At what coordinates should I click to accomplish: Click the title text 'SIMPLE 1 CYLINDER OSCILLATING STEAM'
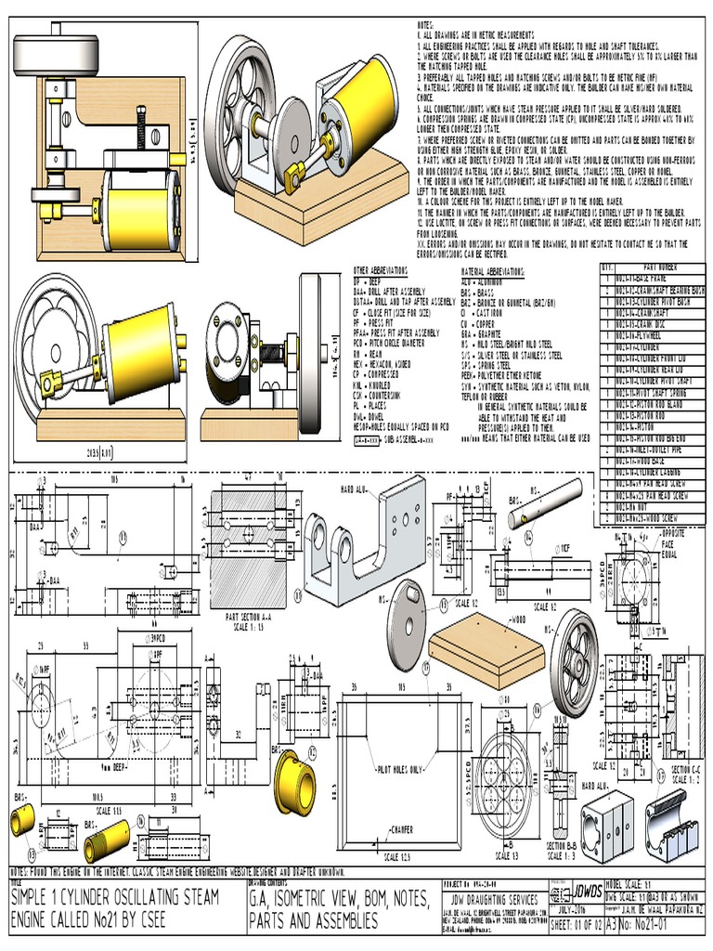pos(115,896)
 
